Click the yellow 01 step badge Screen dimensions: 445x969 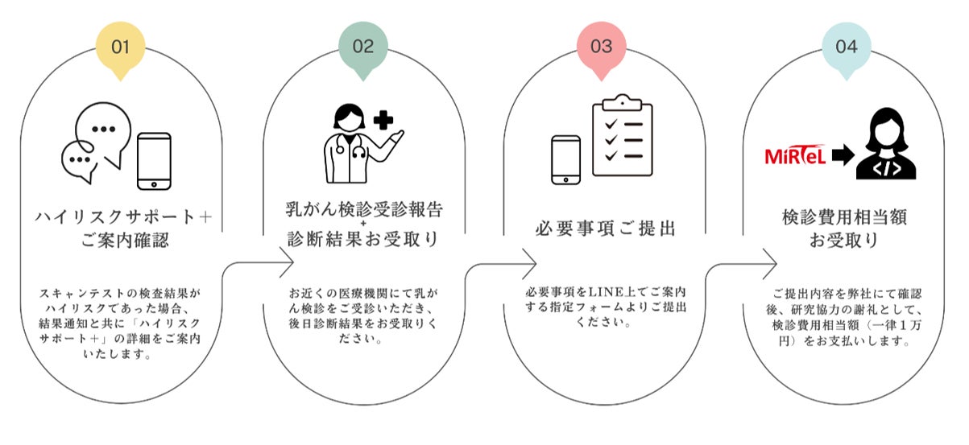click(x=121, y=47)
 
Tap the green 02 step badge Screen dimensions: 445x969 click(x=363, y=47)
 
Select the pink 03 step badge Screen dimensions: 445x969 click(x=601, y=47)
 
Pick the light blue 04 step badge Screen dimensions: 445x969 click(x=846, y=47)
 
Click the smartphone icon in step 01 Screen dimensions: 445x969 click(x=154, y=160)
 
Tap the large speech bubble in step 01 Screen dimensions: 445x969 click(x=101, y=133)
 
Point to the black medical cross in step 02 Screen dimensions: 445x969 click(x=383, y=122)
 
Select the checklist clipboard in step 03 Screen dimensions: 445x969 click(x=622, y=138)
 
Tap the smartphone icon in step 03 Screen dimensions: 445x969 click(x=565, y=160)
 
